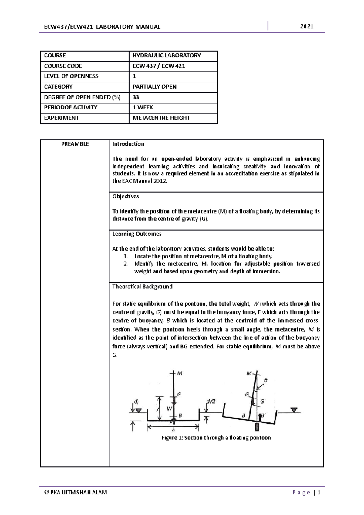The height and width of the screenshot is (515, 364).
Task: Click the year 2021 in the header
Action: pyautogui.click(x=307, y=26)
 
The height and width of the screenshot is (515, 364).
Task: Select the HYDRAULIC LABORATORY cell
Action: pyautogui.click(x=167, y=56)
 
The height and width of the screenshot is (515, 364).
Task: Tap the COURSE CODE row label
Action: pyautogui.click(x=63, y=66)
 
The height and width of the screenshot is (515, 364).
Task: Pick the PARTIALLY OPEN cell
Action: pyautogui.click(x=154, y=87)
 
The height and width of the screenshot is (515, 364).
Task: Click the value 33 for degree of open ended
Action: pyautogui.click(x=136, y=97)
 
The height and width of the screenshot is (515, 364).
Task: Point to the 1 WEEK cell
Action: pyautogui.click(x=143, y=107)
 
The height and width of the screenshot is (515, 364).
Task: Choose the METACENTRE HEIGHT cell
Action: pyautogui.click(x=161, y=118)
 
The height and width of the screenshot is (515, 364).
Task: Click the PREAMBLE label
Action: pyautogui.click(x=75, y=144)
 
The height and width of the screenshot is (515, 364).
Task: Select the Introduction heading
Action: pyautogui.click(x=128, y=144)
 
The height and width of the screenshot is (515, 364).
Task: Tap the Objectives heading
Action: pyautogui.click(x=126, y=197)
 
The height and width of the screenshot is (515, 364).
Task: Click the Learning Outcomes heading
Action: pyautogui.click(x=137, y=234)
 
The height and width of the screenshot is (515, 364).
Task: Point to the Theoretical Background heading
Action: pyautogui.click(x=142, y=287)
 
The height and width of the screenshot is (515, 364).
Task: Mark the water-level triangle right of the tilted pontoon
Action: pyautogui.click(x=294, y=410)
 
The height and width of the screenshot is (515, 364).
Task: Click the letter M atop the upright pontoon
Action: pyautogui.click(x=180, y=373)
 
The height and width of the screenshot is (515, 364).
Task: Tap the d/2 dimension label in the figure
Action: pyautogui.click(x=211, y=402)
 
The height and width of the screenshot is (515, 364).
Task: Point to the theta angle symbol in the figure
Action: pyautogui.click(x=266, y=380)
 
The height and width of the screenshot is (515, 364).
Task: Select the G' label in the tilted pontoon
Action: pyautogui.click(x=263, y=401)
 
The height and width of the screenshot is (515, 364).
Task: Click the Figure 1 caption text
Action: pyautogui.click(x=216, y=438)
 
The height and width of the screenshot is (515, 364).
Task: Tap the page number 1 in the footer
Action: pyautogui.click(x=319, y=493)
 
